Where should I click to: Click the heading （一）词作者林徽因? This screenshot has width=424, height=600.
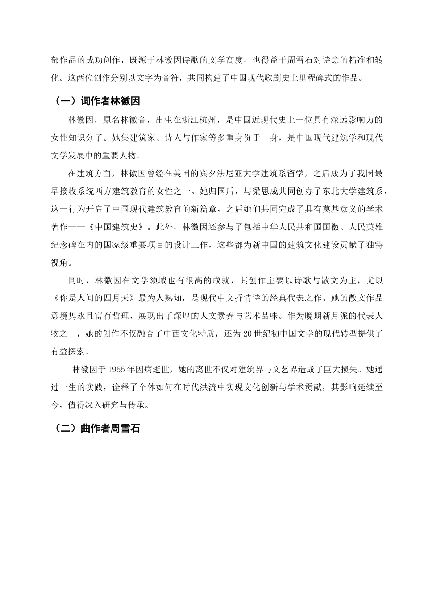click(x=97, y=101)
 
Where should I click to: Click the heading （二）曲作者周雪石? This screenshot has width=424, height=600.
click(x=97, y=429)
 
